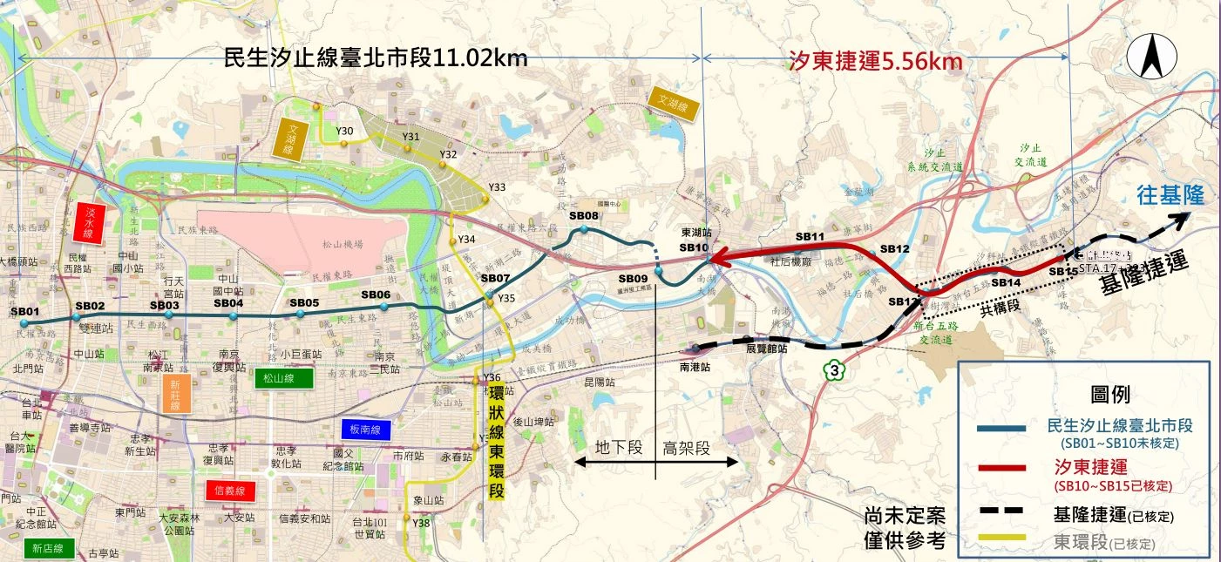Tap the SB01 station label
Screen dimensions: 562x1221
pyautogui.click(x=25, y=311)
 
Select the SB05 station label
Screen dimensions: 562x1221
pyautogui.click(x=304, y=302)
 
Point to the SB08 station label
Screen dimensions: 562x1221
pyautogui.click(x=583, y=215)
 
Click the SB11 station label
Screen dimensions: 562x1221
pyautogui.click(x=810, y=236)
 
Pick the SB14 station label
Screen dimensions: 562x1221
pyautogui.click(x=1006, y=282)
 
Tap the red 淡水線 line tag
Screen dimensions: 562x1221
pyautogui.click(x=88, y=222)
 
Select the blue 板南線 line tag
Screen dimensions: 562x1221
pyautogui.click(x=362, y=430)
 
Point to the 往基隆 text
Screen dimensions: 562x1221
pyautogui.click(x=1170, y=196)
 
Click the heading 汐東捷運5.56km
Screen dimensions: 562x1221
pyautogui.click(x=875, y=61)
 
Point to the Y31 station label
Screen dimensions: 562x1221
pyautogui.click(x=411, y=137)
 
